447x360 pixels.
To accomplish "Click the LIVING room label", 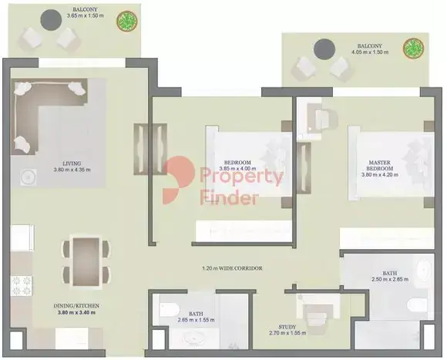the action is [x=72, y=163].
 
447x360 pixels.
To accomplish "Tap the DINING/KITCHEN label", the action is [x=76, y=306].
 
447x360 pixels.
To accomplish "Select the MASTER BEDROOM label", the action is [x=379, y=165].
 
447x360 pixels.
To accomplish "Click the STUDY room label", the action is [x=287, y=327].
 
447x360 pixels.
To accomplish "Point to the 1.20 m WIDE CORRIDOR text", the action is [x=232, y=268].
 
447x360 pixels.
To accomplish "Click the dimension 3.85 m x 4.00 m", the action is [x=237, y=169].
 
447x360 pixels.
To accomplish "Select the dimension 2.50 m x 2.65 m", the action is [x=390, y=279].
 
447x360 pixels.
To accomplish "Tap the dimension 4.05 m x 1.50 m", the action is [x=370, y=52].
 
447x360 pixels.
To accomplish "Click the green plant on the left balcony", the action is [x=127, y=21].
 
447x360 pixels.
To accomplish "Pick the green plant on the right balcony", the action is [x=413, y=48].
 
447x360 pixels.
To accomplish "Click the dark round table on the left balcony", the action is [x=51, y=20].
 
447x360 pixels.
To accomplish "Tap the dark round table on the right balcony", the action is [x=324, y=49].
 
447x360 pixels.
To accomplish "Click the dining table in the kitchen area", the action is [x=86, y=261].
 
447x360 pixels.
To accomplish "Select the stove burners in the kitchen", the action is [x=22, y=285].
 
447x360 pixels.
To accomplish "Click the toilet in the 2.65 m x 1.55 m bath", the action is [x=169, y=310].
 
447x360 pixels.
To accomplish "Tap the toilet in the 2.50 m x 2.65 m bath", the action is [x=417, y=305].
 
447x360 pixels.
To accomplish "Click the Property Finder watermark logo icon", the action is [x=178, y=180].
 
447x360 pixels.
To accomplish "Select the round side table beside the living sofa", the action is [x=28, y=177].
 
